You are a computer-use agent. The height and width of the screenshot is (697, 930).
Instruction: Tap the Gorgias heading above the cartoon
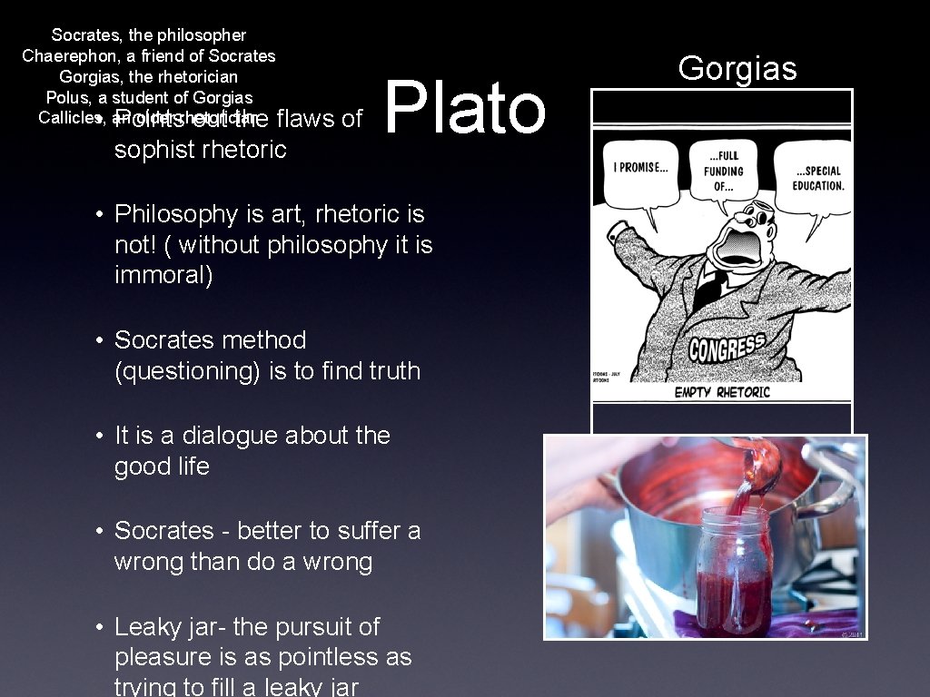(x=737, y=68)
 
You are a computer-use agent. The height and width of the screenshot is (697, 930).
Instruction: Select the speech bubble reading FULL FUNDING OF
(x=723, y=171)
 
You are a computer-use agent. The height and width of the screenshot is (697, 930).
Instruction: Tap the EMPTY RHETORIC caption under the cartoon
(x=722, y=392)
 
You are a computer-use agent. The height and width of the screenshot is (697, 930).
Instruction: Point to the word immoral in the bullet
(x=163, y=276)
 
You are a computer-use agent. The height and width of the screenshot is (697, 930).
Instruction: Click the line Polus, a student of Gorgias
(x=149, y=97)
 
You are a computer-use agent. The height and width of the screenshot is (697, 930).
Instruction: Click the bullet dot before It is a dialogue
(x=101, y=437)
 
